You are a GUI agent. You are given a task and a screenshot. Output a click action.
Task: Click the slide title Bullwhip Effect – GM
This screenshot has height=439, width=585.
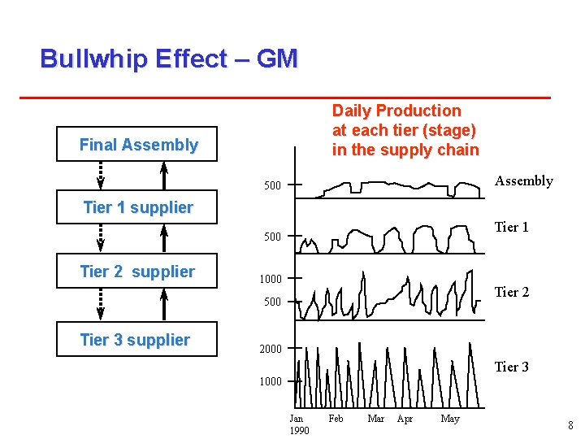(x=169, y=59)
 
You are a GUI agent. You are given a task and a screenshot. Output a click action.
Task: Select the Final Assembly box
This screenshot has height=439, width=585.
(x=137, y=145)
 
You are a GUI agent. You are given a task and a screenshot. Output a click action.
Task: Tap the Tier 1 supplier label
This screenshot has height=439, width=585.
(x=137, y=207)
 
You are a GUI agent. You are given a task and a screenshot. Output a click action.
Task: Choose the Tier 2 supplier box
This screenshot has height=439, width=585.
(x=137, y=272)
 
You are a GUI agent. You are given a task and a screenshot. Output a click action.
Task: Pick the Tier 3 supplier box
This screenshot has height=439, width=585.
(x=137, y=340)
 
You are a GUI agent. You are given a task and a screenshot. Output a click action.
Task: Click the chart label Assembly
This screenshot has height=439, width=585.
(x=523, y=180)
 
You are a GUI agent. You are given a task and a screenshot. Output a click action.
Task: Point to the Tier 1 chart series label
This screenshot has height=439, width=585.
(x=512, y=227)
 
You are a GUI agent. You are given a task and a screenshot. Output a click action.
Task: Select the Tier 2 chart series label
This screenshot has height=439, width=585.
(x=512, y=292)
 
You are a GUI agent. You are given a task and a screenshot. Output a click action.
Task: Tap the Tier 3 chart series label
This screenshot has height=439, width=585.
(x=512, y=367)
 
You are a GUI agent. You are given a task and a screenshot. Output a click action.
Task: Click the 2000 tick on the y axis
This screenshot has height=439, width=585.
(x=271, y=349)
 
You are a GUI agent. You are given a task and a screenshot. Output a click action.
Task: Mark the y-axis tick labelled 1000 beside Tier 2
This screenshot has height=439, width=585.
(x=271, y=279)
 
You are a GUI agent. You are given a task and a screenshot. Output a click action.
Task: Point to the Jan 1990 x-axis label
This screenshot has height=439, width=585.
(x=298, y=424)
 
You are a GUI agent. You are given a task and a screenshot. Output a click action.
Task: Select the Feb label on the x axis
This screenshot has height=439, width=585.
(x=336, y=419)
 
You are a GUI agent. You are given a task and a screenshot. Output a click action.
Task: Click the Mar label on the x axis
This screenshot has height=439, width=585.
(x=376, y=419)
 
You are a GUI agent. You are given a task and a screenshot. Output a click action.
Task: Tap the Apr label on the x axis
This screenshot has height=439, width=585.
(x=405, y=419)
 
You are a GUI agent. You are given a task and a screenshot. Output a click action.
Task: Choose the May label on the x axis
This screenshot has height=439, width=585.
(x=449, y=419)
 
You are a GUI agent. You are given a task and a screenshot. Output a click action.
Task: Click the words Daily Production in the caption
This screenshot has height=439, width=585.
(x=396, y=111)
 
